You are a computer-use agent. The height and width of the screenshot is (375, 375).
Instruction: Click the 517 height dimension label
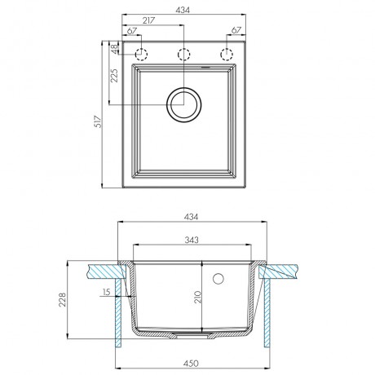[98, 121]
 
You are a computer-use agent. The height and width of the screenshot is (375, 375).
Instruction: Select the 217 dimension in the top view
[148, 20]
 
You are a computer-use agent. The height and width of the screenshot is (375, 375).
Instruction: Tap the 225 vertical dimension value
[114, 76]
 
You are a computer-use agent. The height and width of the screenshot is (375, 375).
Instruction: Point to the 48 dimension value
[115, 48]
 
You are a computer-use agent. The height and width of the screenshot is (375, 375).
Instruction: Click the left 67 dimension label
[132, 31]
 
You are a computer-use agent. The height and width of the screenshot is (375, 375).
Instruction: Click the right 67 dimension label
[236, 30]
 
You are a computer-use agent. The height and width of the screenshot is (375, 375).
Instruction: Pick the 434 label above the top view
[183, 10]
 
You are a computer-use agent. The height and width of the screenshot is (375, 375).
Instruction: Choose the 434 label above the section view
[192, 217]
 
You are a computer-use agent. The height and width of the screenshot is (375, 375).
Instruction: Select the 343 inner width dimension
[192, 240]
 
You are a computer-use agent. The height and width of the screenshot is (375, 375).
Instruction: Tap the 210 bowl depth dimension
[197, 297]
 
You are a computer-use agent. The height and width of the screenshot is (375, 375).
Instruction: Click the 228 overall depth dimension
[63, 299]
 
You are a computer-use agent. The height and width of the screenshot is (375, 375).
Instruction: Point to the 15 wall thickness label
[107, 292]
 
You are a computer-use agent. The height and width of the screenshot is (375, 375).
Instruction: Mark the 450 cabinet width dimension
[191, 364]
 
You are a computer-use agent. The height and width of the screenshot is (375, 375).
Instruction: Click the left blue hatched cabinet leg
[118, 312]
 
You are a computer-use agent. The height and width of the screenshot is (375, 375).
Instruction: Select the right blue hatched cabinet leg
[267, 312]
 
